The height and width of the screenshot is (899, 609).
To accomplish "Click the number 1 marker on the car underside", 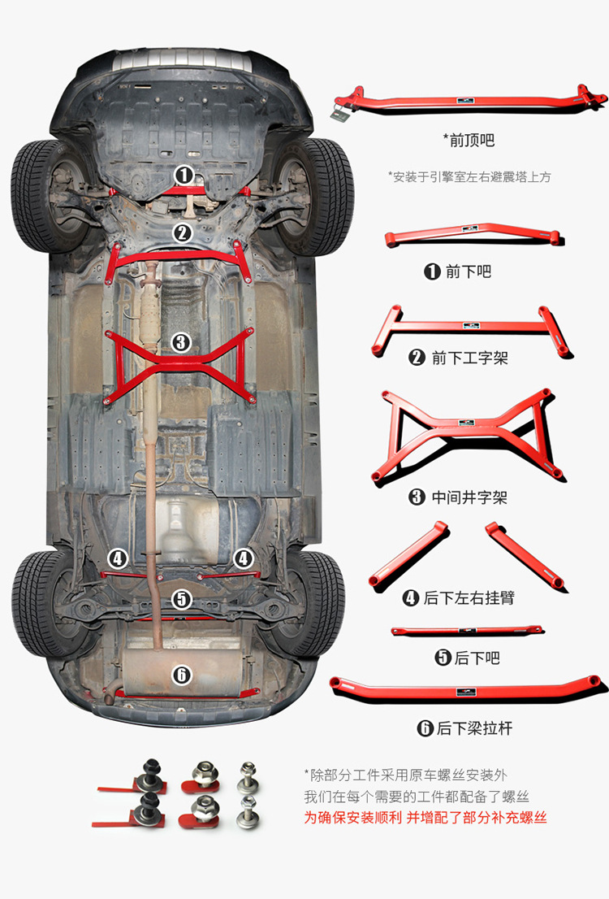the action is click(184, 175).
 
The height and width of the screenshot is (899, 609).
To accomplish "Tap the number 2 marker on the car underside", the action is click(182, 233).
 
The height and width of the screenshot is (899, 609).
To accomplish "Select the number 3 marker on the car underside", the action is click(181, 343).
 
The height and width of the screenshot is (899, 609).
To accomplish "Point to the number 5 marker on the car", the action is click(181, 599).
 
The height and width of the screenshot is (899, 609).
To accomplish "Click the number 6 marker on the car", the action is click(181, 675).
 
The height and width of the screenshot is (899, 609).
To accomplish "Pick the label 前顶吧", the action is click(469, 140).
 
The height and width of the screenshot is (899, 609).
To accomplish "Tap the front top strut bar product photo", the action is click(470, 101).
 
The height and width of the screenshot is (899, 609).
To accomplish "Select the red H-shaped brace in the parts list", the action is click(470, 329).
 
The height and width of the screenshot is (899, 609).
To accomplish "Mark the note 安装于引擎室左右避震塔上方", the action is click(469, 176).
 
